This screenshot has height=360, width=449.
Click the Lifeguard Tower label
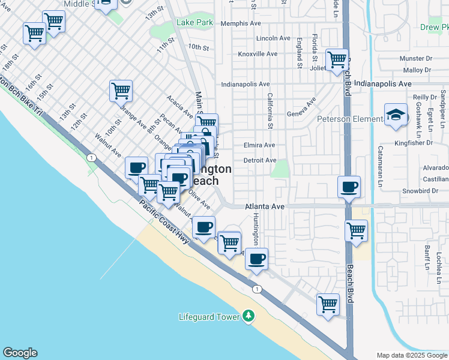[x=209, y=317]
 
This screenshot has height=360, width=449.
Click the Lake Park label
[x=195, y=23]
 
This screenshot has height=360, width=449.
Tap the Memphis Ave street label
[x=241, y=23]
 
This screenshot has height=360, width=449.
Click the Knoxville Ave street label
[x=258, y=53]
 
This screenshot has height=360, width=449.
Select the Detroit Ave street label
[x=260, y=160]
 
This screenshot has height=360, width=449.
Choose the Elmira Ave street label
[x=259, y=145]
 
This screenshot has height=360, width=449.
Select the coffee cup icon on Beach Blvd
[x=349, y=187]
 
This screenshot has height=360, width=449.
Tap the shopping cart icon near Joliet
[x=337, y=59]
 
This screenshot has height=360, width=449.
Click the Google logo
[x=20, y=353]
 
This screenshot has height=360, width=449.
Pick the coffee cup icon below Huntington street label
[x=256, y=259]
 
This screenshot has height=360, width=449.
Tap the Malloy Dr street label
[x=418, y=70]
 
